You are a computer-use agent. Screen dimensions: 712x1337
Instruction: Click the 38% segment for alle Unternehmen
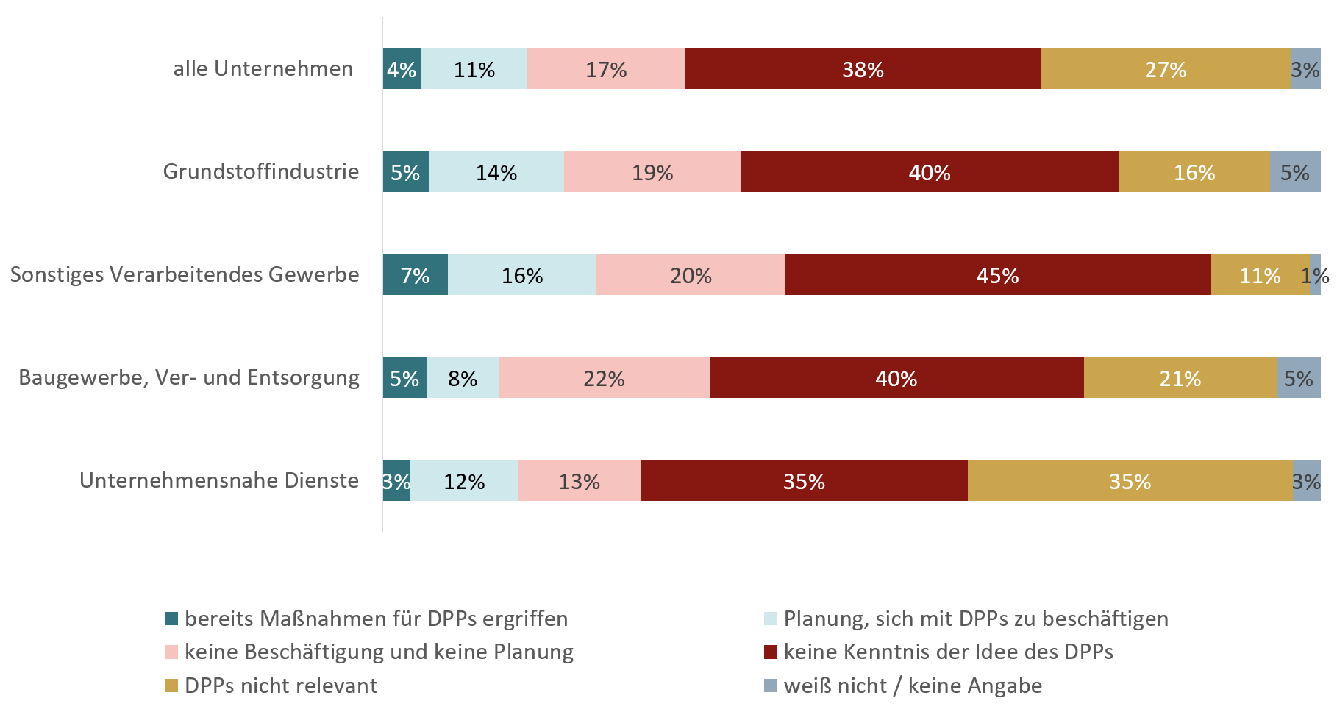pos(863,69)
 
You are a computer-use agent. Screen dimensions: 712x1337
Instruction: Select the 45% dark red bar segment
pos(997,275)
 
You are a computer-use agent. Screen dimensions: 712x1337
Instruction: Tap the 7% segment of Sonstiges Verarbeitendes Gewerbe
pos(415,275)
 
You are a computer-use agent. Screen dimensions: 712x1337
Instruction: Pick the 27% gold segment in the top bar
pos(1166,69)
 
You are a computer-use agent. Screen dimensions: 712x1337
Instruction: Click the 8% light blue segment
pos(462,378)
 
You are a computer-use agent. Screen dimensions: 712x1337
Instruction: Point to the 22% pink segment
pos(604,378)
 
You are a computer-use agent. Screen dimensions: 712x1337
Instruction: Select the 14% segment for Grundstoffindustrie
pos(496,172)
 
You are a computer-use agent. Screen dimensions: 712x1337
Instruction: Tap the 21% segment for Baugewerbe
pos(1180,378)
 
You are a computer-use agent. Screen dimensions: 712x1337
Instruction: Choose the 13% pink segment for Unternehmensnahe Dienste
pos(579,481)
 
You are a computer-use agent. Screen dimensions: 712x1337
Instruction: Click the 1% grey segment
pos(1316,275)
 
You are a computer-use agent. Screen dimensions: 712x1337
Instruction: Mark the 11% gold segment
pos(1260,275)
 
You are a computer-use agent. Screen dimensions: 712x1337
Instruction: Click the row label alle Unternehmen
pos(263,69)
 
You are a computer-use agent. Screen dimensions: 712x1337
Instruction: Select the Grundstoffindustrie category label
pos(261,172)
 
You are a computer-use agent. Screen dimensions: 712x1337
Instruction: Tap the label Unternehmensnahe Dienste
pos(219,481)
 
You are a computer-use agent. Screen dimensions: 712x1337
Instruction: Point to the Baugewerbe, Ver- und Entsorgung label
pos(189,378)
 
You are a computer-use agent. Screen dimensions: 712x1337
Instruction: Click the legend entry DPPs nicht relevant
pos(281,686)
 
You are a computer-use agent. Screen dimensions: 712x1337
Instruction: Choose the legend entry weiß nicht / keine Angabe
pos(913,686)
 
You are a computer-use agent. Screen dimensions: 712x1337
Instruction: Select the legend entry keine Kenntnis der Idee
pos(948,652)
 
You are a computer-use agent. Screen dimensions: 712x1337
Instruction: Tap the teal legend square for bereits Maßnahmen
pos(171,619)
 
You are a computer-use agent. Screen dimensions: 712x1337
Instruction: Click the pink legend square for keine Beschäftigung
pos(171,652)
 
